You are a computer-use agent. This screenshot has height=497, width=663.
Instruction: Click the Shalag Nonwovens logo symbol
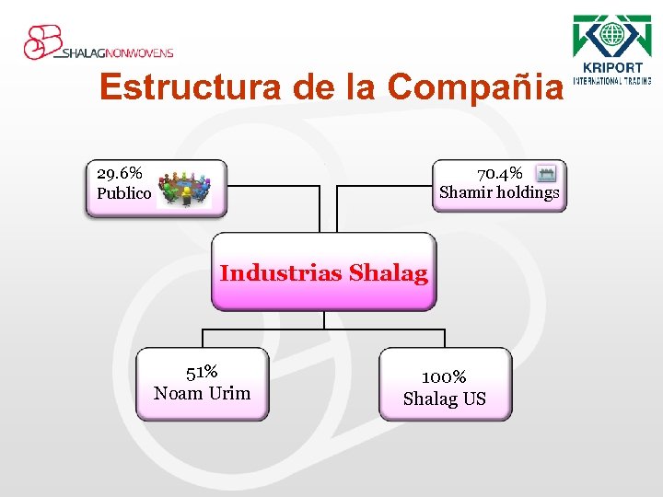pyautogui.click(x=42, y=41)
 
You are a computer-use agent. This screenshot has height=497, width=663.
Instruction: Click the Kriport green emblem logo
pyautogui.click(x=611, y=36)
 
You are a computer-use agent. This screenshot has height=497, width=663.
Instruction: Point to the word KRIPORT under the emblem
pyautogui.click(x=612, y=68)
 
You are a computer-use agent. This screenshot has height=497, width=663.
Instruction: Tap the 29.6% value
pyautogui.click(x=120, y=173)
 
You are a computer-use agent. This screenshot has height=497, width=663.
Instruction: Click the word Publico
pyautogui.click(x=123, y=193)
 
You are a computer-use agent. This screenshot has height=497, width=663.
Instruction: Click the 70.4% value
pyautogui.click(x=500, y=173)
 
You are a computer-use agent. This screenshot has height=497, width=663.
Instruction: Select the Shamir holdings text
pyautogui.click(x=499, y=192)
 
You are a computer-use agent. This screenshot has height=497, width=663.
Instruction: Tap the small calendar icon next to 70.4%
pyautogui.click(x=546, y=173)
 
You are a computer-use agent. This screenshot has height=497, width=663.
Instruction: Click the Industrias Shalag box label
pyautogui.click(x=323, y=273)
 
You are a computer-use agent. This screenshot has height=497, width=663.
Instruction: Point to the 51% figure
pyautogui.click(x=202, y=373)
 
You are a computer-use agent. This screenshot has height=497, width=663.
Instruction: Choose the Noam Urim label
pyautogui.click(x=202, y=394)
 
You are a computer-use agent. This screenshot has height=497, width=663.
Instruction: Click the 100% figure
pyautogui.click(x=444, y=377)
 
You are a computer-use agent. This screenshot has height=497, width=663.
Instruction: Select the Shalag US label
pyautogui.click(x=444, y=399)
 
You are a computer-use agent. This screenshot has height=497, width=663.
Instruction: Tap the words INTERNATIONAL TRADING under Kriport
pyautogui.click(x=612, y=80)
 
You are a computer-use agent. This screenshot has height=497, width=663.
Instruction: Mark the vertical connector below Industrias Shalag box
pyautogui.click(x=324, y=320)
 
